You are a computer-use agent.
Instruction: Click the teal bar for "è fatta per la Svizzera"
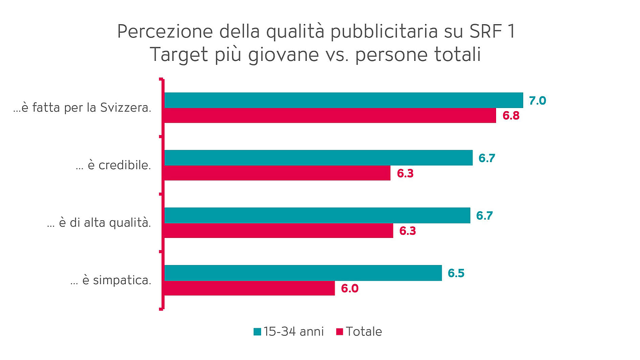pos(344,101)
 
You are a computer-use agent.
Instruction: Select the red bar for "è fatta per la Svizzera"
pos(330,116)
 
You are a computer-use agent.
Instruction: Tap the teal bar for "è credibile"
pos(318,158)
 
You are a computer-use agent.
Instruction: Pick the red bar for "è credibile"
pos(277,173)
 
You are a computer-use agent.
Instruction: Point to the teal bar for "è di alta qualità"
pos(317,216)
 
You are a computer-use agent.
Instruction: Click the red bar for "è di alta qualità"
pos(279,231)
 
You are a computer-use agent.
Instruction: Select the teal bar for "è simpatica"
pos(303,273)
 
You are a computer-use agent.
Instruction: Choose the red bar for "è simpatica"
pos(250,288)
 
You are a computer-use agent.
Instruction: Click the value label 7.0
pos(537,101)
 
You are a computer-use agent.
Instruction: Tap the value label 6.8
pos(511,116)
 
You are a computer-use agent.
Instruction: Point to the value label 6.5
pos(456,274)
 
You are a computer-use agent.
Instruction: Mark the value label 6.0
pos(349,289)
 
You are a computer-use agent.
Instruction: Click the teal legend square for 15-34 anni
pos(257,332)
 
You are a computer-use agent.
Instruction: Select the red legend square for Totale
pos(339,332)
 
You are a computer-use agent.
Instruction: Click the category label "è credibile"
pos(113,165)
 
